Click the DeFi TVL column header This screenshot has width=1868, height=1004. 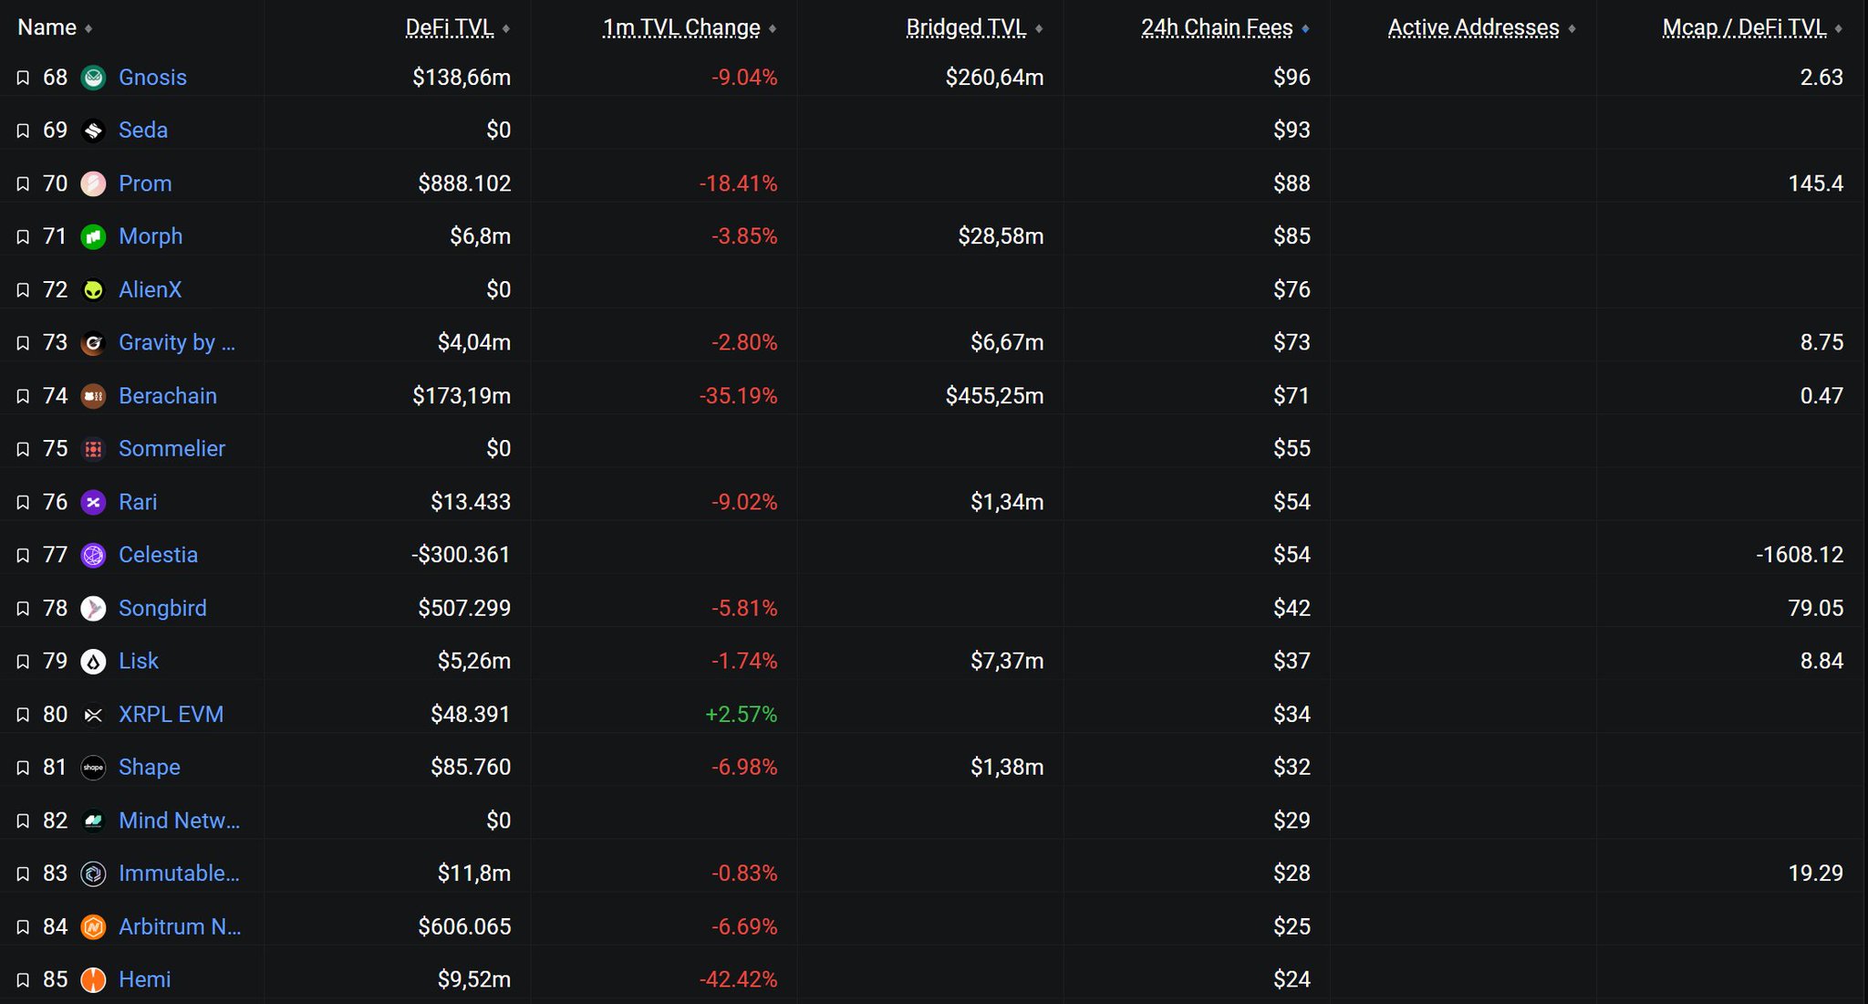coord(449,28)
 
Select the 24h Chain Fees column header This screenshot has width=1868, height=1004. coord(1217,28)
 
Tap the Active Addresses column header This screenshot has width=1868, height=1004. coord(1473,28)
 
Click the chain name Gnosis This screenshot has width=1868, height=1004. coord(152,78)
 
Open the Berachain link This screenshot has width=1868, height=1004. coord(168,396)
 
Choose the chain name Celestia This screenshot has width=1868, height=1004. coord(158,555)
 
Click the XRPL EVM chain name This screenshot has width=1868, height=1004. coord(171,715)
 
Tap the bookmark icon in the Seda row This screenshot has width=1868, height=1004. coord(23,131)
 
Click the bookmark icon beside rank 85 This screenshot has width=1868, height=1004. coord(23,980)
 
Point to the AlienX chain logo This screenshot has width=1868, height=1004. coord(93,290)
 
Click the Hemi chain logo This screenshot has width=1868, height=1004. coord(93,980)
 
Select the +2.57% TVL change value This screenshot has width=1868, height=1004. coord(741,715)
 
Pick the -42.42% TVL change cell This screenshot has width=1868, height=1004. coord(738,980)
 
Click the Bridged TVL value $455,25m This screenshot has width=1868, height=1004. coord(994,396)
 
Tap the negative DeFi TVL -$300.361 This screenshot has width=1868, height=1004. coord(461,555)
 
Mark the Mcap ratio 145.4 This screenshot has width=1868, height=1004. coord(1815,183)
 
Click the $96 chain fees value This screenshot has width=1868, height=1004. coord(1292,78)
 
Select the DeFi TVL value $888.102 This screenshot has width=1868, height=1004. coord(464,183)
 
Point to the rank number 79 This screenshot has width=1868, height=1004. coord(55,661)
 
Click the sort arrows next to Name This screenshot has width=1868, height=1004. coord(88,29)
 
